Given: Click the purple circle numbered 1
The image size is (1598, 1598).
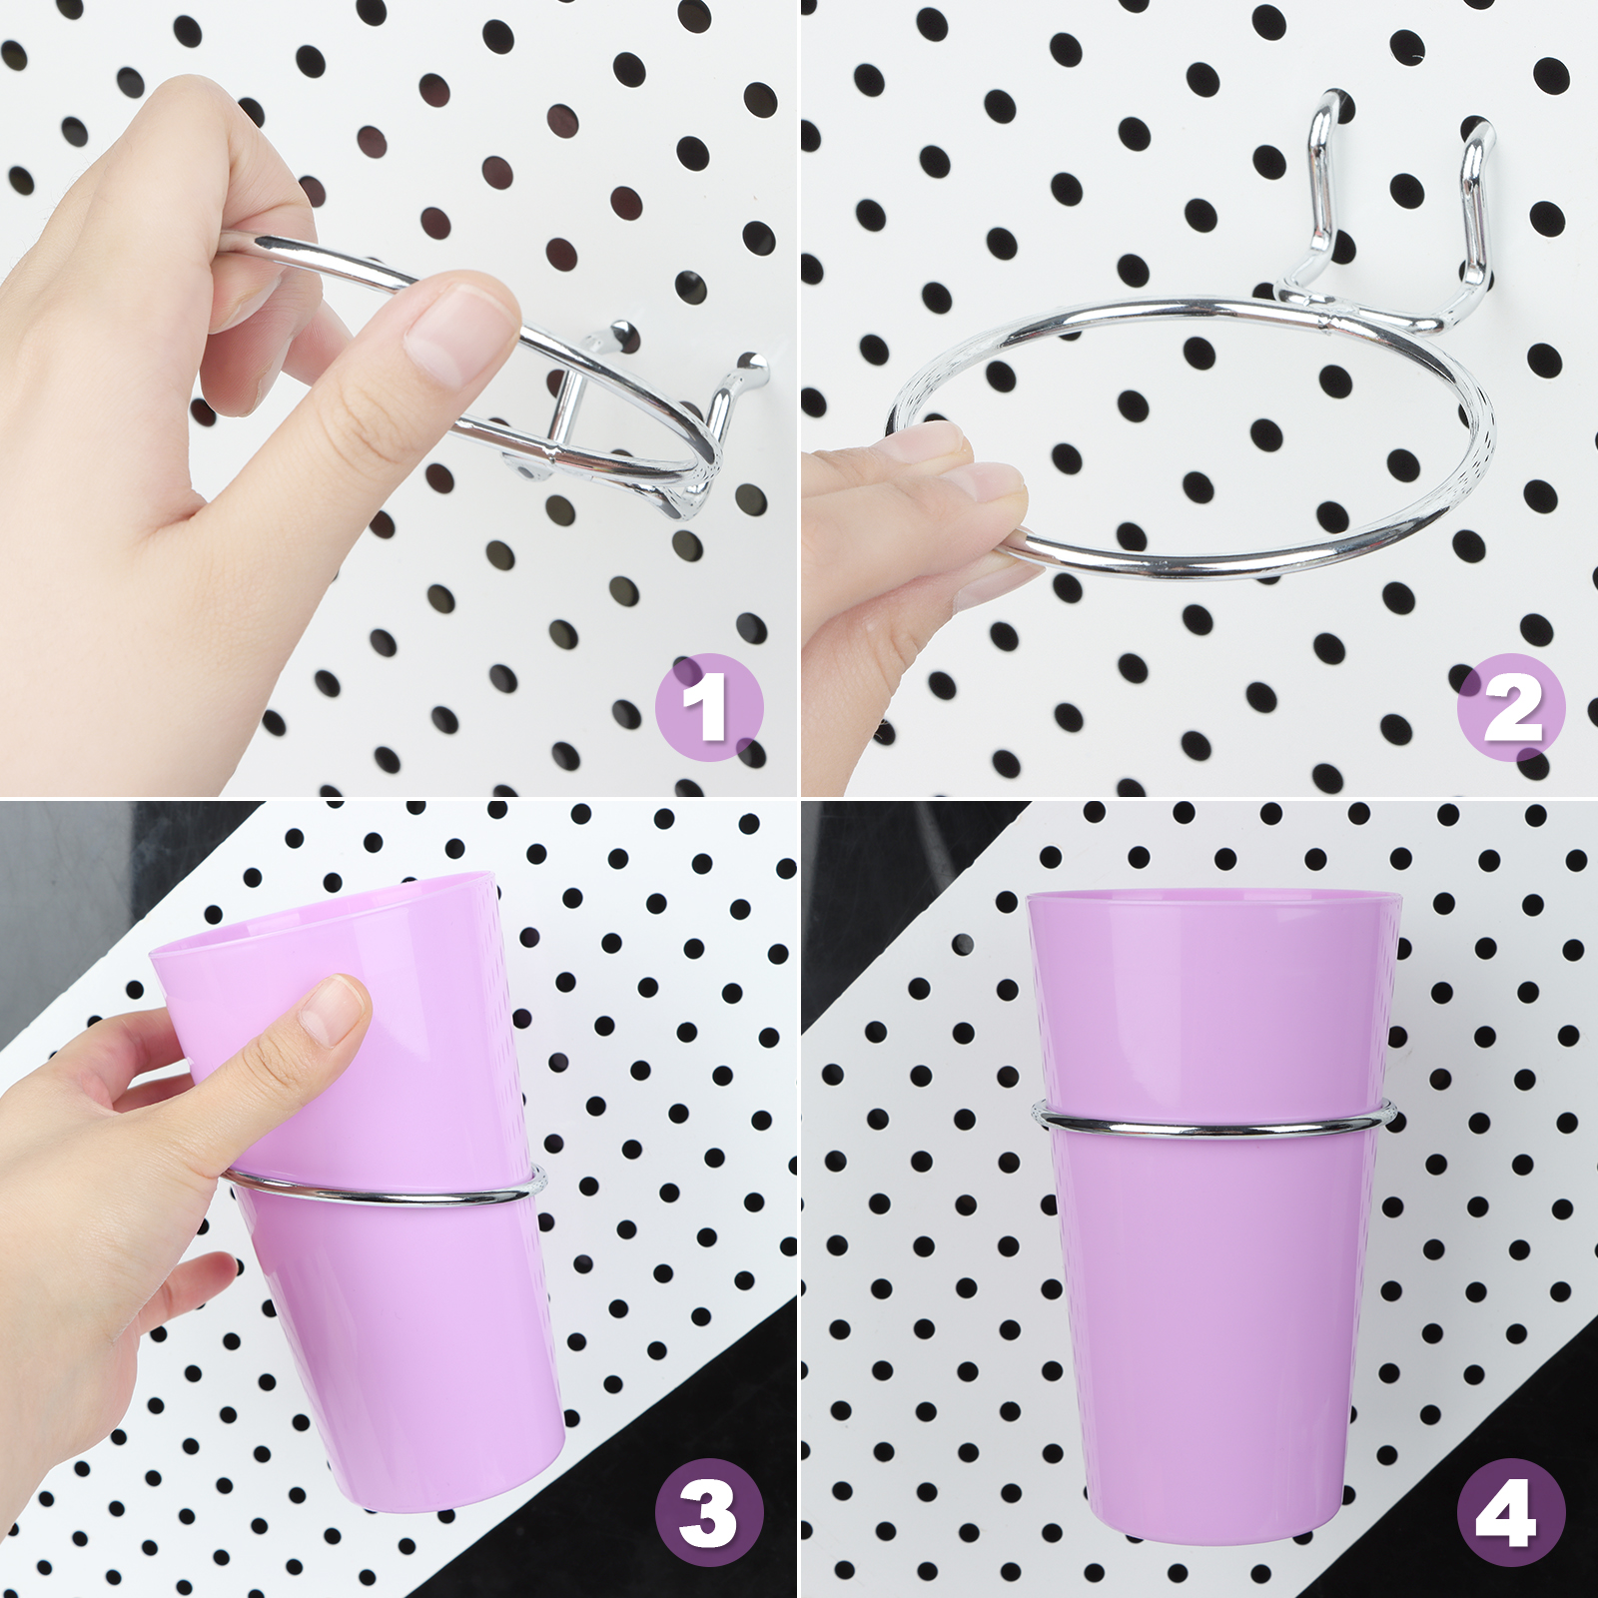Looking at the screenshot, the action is (709, 707).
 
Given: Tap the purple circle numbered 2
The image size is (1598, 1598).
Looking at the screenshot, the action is (1511, 707).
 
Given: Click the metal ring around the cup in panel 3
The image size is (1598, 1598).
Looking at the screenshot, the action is (385, 1194).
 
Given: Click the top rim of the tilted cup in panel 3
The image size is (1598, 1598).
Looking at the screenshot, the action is (325, 911).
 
